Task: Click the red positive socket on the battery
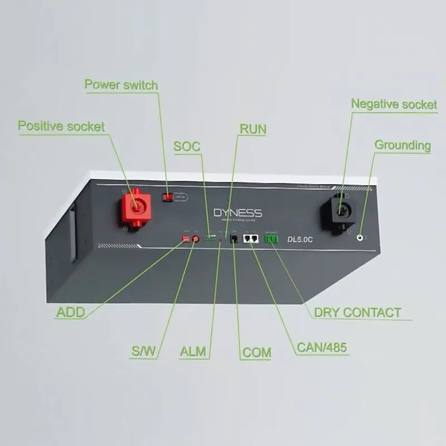(135, 207)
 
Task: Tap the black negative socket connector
(338, 210)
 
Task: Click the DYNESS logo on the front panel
(237, 213)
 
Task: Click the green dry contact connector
(272, 239)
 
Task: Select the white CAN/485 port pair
(250, 239)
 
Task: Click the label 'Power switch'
(121, 85)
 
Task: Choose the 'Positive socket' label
(61, 126)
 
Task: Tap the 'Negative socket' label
(394, 104)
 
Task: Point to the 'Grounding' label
(403, 146)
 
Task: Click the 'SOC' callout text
(187, 147)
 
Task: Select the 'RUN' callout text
(253, 130)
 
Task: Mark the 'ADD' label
(71, 313)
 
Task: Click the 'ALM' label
(193, 352)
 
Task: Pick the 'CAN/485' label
(322, 348)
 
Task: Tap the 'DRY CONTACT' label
(357, 313)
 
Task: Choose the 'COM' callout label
(257, 352)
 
